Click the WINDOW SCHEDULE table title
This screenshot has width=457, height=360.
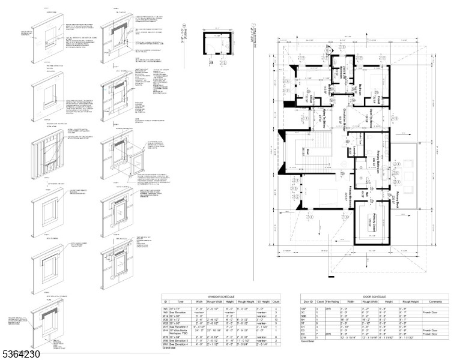pyautogui.click(x=222, y=296)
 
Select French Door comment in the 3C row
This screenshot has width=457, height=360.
pyautogui.click(x=431, y=312)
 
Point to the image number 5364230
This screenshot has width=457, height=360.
pyautogui.click(x=21, y=354)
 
